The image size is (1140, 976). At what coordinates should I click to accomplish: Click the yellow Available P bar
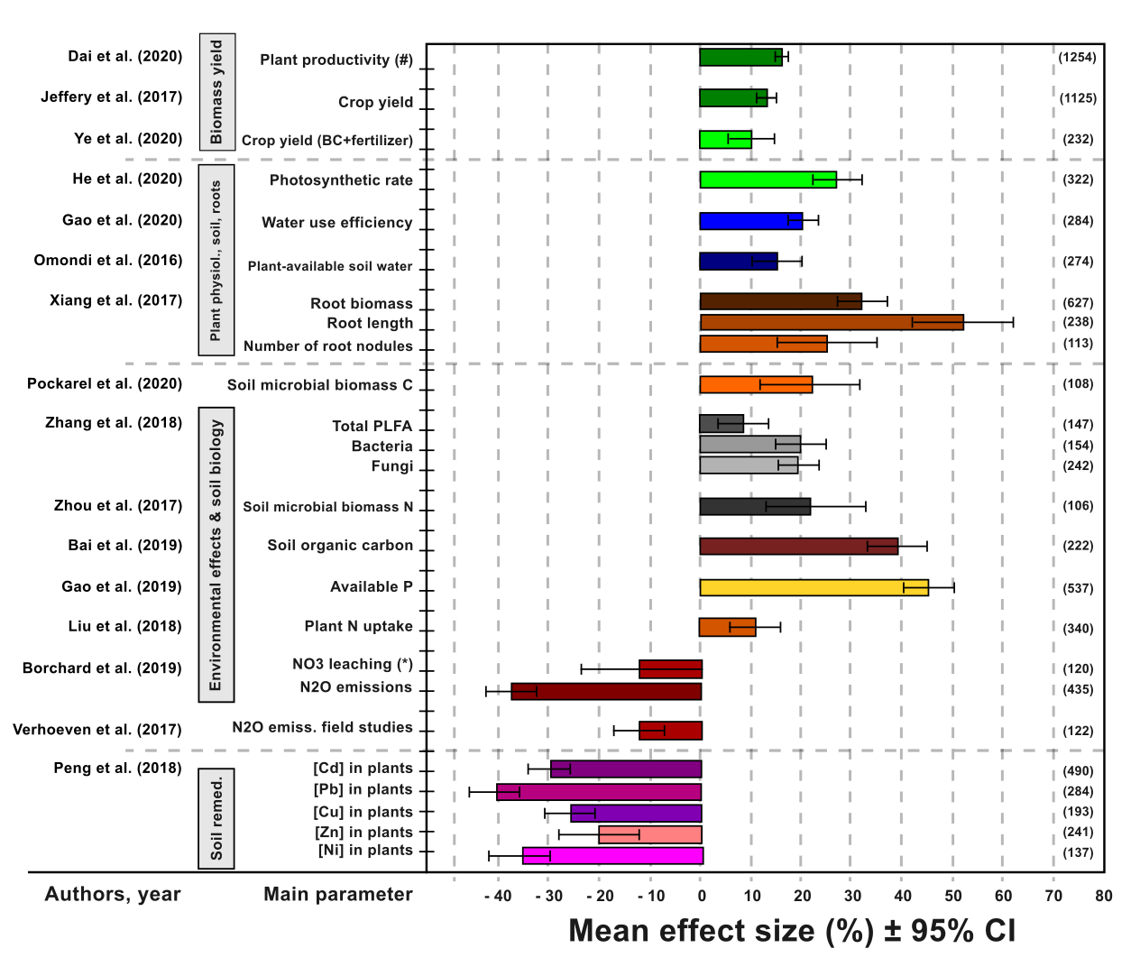814,588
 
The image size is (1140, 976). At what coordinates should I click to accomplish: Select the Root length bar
832,322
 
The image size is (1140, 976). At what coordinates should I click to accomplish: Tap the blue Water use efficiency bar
751,221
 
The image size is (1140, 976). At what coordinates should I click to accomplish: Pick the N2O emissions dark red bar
606,691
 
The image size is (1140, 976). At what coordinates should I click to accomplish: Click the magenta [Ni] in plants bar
612,855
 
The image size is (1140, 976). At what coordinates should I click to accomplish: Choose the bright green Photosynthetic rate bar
768,180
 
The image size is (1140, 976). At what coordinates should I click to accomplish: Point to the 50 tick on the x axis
953,896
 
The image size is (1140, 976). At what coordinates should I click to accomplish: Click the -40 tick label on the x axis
497,896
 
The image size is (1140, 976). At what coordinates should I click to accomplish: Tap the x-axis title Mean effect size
792,931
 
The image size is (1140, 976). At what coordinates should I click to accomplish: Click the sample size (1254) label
1078,58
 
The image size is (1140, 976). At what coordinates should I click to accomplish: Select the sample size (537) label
1078,588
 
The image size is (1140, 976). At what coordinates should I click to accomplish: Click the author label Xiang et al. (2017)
116,300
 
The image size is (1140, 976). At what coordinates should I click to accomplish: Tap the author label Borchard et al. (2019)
102,668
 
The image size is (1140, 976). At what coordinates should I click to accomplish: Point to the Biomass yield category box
216,92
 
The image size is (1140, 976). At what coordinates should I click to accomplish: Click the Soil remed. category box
216,818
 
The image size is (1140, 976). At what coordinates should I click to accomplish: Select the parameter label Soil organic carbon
340,546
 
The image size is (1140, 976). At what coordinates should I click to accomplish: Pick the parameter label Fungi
392,466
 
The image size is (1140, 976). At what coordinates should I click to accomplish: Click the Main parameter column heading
338,894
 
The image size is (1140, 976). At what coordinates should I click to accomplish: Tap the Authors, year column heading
113,894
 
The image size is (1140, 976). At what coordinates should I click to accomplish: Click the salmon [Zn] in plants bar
649,834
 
